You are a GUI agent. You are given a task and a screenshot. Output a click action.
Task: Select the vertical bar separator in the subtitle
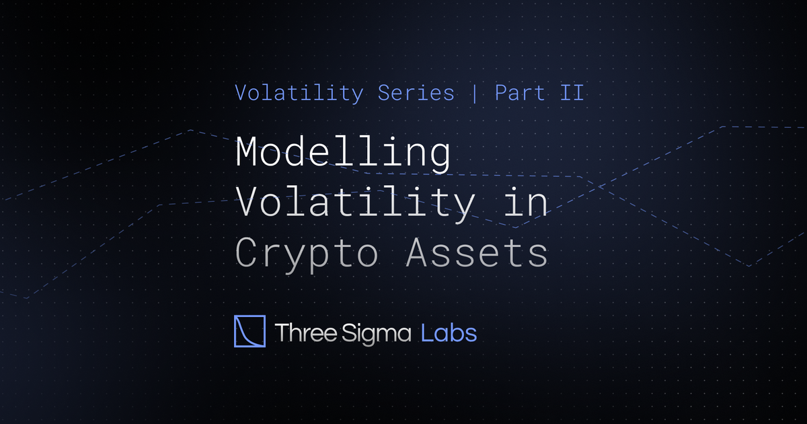(475, 93)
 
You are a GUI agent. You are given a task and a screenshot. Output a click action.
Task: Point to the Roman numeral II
(570, 93)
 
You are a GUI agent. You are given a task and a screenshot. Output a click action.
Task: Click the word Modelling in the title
(343, 153)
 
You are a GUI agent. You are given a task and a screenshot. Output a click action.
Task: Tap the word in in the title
(527, 203)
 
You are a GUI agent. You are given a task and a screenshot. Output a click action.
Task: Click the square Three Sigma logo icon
(249, 331)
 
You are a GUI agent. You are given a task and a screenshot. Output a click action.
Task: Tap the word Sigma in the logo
(379, 332)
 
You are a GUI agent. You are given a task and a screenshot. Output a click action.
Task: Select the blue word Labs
(449, 332)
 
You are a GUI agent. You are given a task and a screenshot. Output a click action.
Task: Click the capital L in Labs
(426, 332)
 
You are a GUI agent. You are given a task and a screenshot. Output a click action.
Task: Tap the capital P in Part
(501, 93)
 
